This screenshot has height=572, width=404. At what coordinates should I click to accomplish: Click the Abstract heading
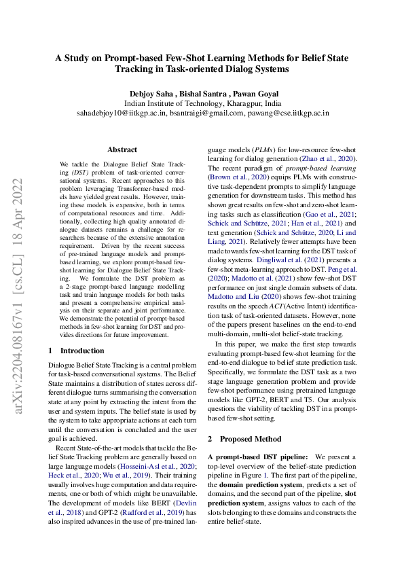pos(122,149)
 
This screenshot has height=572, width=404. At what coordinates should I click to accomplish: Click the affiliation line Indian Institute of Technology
pos(202,103)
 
